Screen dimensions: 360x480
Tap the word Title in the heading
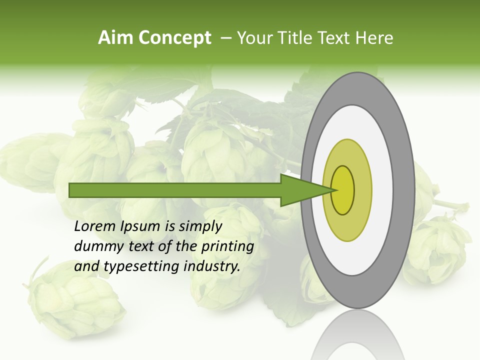(296, 38)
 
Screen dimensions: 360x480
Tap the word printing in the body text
(227, 246)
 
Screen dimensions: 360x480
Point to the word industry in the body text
(212, 266)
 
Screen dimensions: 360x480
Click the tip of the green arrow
(334, 190)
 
